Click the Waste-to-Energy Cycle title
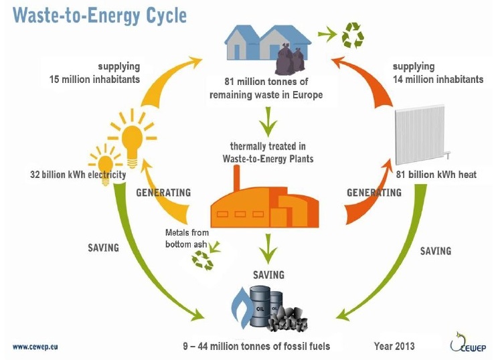click(100, 15)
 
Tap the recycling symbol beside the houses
click(353, 35)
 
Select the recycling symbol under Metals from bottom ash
click(202, 260)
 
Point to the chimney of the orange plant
click(236, 179)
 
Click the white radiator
click(421, 135)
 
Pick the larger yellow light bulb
click(133, 139)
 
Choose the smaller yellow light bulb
click(105, 165)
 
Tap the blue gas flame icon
click(241, 308)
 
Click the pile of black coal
click(288, 319)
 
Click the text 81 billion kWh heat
click(436, 175)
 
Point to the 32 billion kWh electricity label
click(78, 175)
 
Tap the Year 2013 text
click(394, 346)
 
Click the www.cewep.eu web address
click(35, 347)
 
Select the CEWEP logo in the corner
click(468, 343)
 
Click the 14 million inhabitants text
click(438, 80)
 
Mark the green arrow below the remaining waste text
click(268, 122)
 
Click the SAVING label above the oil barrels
click(268, 274)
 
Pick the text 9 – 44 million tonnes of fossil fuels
click(256, 346)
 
